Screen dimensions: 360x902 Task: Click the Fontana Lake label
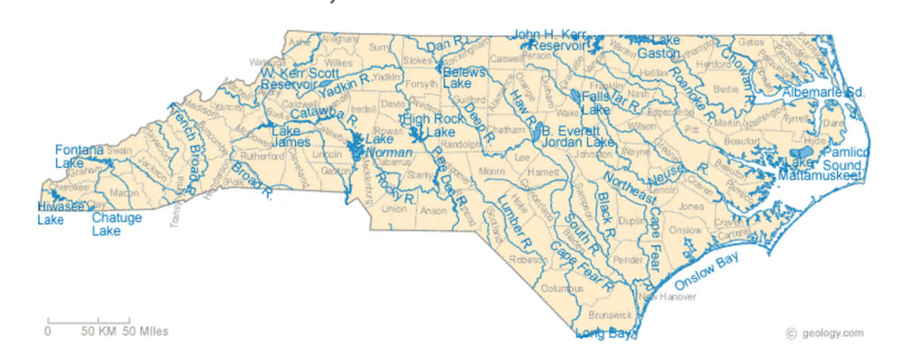[x=72, y=156]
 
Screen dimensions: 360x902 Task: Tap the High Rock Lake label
[x=428, y=125]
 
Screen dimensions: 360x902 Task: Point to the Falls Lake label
[x=596, y=102]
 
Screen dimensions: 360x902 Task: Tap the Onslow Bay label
[x=707, y=272]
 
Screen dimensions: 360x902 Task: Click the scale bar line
[x=88, y=320]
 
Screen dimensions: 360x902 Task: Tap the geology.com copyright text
[x=824, y=333]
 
